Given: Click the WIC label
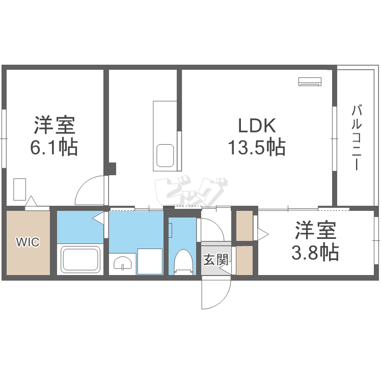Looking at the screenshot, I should click(x=28, y=242).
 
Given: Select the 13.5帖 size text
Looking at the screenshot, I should click(x=256, y=147).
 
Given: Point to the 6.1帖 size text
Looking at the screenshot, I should click(x=54, y=147).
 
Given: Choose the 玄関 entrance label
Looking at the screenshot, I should click(x=215, y=260).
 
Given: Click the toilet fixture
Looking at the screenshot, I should click(x=182, y=261).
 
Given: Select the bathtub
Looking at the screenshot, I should click(x=80, y=259).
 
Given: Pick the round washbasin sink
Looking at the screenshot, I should click(x=122, y=264).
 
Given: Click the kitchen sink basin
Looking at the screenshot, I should click(x=166, y=156).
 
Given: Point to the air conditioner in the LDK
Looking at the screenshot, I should click(x=310, y=80).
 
